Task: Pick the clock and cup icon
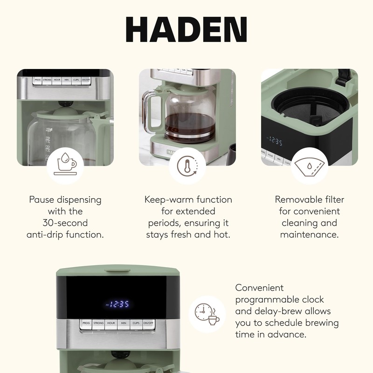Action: pos(207,314)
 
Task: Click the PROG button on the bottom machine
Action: pos(86,323)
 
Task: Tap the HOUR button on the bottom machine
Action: pos(111,323)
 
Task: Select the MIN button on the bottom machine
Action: pos(124,323)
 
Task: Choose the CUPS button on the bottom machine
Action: pos(136,323)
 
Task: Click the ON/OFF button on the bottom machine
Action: pos(148,323)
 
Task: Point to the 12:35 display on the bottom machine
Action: pos(117,304)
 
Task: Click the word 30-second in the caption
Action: pos(65,223)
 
